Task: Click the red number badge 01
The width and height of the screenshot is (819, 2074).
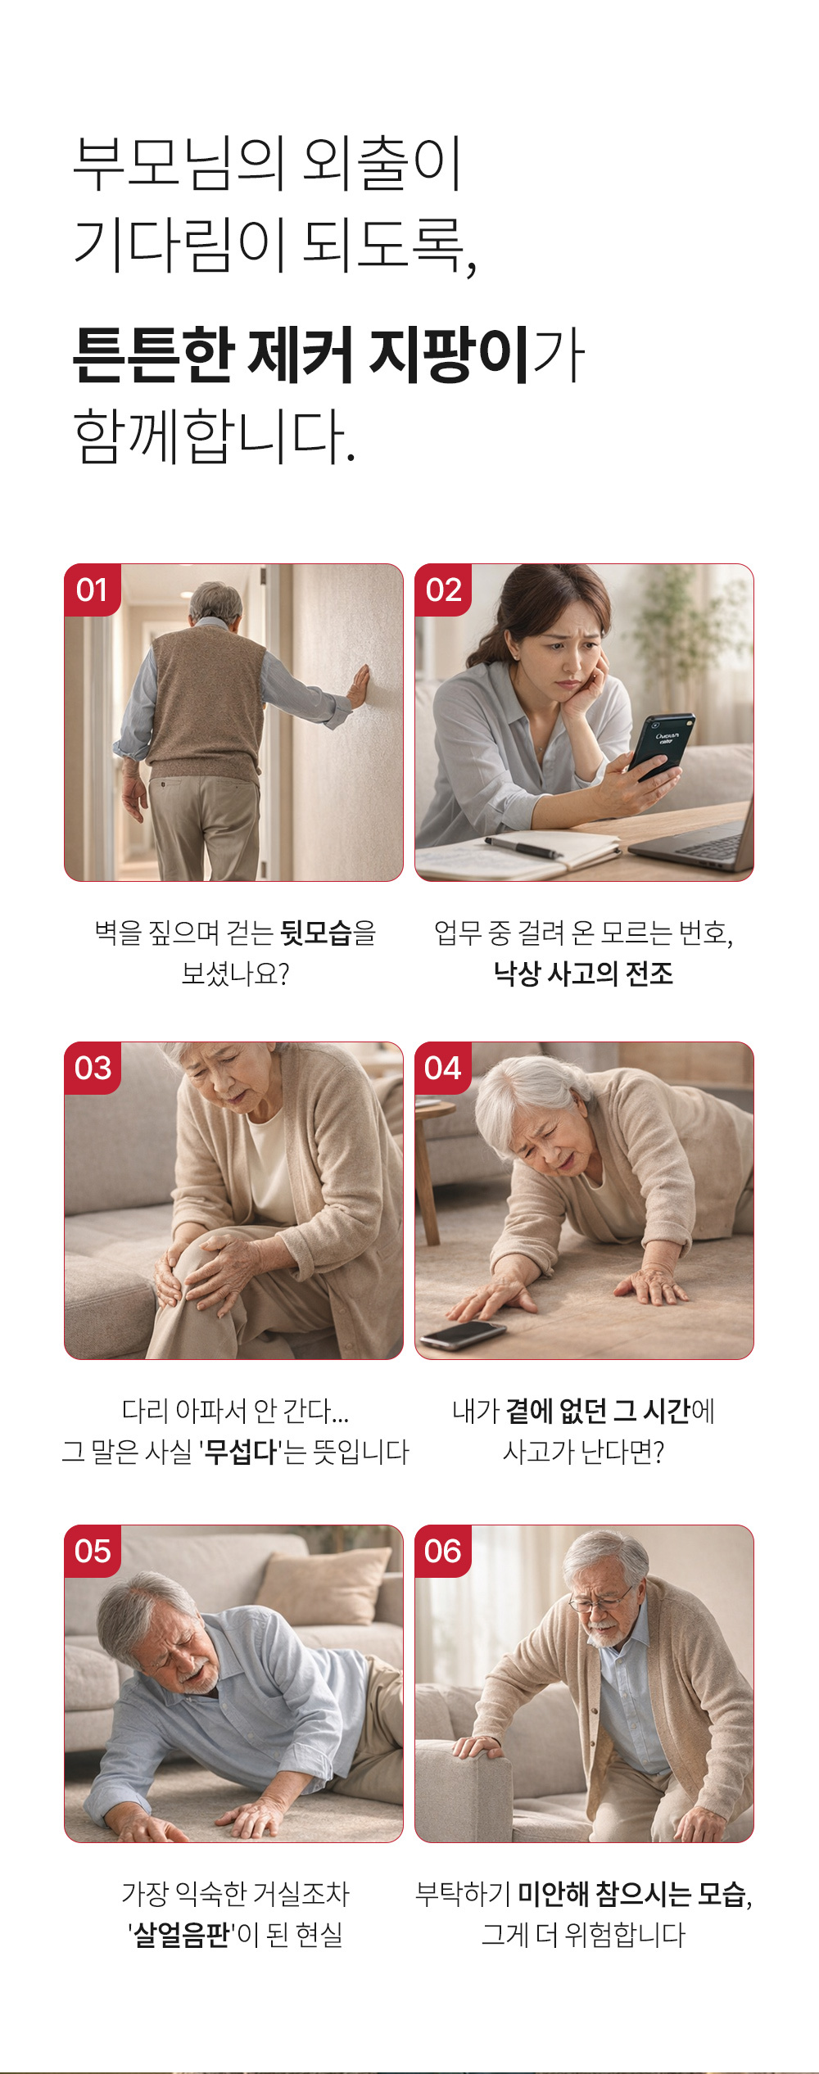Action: (93, 590)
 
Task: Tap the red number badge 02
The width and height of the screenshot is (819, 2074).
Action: (443, 590)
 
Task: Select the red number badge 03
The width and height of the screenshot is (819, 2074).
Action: (93, 1068)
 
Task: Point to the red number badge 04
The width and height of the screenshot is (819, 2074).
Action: (443, 1068)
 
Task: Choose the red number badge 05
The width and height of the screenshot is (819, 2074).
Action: (93, 1551)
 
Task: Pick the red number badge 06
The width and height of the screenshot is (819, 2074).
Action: (443, 1551)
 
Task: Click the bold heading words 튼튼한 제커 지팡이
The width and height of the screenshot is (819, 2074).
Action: (301, 355)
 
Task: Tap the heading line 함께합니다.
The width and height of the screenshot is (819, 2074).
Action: (215, 436)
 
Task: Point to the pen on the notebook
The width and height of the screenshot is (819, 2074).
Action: (523, 847)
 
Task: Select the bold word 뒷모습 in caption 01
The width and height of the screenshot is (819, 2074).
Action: (315, 932)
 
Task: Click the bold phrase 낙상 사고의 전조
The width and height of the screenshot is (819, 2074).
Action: (583, 973)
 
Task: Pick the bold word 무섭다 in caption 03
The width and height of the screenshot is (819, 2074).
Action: (241, 1452)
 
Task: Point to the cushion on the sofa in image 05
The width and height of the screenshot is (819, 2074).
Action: (324, 1587)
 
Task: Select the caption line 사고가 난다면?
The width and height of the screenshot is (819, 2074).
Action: (583, 1452)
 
